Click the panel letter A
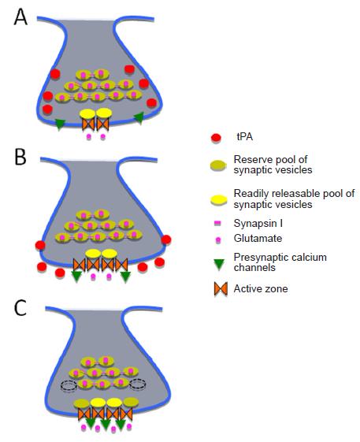coord(20,17)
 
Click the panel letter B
coord(20,157)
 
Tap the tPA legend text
coord(245,137)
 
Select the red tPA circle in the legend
coord(216,138)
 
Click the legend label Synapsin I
coord(258,223)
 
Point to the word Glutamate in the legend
coord(258,238)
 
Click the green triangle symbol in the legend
coord(219,265)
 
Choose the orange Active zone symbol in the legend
coord(221,289)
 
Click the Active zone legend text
coord(261,288)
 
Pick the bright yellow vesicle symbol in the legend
coord(219,200)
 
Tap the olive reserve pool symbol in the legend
coord(218,165)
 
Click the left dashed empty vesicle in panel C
coord(69,385)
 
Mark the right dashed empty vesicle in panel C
coord(138,384)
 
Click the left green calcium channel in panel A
coord(60,124)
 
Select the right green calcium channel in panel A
coord(139,117)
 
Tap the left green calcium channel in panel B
coord(76,277)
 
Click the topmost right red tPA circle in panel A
coord(129,69)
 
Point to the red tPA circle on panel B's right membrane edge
coord(166,240)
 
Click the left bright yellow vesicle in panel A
coord(87,113)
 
